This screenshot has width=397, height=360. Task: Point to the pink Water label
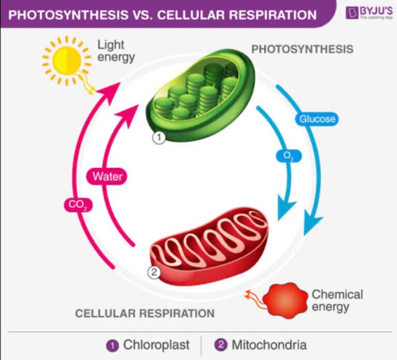[x=108, y=176]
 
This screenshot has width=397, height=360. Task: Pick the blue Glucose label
[x=317, y=119]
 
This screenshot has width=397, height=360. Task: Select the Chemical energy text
[x=337, y=301]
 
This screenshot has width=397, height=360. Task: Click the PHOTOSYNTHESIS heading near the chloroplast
[x=302, y=49]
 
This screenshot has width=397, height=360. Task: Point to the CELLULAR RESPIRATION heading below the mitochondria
[x=145, y=313]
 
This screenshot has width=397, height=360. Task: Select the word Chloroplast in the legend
[x=156, y=344]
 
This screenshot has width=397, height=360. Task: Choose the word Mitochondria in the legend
[x=269, y=344]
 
